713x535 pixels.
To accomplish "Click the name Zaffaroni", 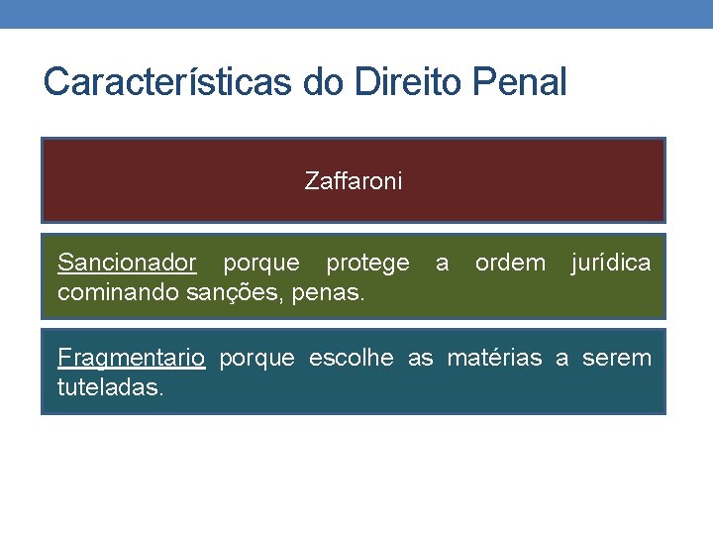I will click(354, 181).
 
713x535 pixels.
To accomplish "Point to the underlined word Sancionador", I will click(127, 264).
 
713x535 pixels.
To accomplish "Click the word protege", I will click(367, 264).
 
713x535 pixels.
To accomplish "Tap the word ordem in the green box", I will click(510, 264).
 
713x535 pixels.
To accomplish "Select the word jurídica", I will click(610, 264).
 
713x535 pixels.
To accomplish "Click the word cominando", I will click(111, 293).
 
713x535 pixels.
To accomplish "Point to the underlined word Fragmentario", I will click(131, 358).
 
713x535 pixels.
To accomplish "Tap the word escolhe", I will click(351, 358).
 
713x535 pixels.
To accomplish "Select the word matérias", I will click(494, 358).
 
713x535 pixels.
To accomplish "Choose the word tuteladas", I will click(109, 387).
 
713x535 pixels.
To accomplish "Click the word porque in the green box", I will click(260, 264).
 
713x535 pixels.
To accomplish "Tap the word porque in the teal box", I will click(256, 358).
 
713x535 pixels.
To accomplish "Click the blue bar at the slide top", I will click(356, 13).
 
